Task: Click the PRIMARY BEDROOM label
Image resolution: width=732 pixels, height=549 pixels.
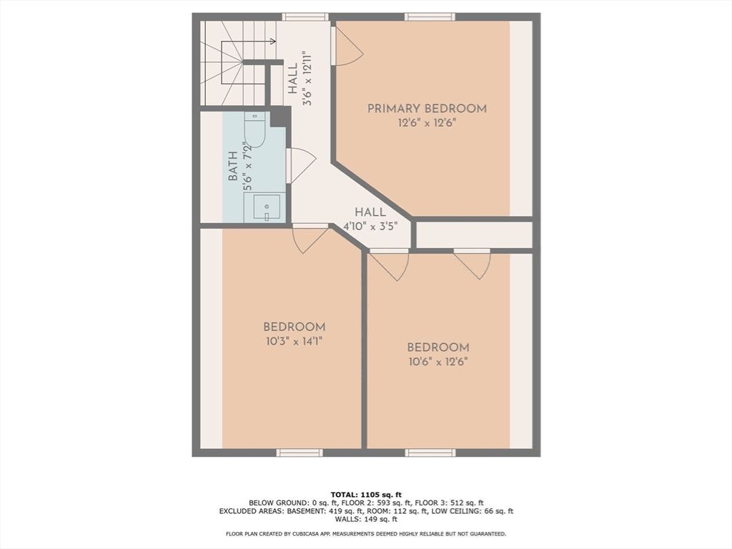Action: pyautogui.click(x=427, y=109)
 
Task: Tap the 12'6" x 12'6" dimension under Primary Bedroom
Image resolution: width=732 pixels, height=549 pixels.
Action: pyautogui.click(x=427, y=122)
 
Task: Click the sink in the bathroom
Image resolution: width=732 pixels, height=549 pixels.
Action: pyautogui.click(x=265, y=208)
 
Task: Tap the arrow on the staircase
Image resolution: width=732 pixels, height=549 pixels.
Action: pyautogui.click(x=272, y=41)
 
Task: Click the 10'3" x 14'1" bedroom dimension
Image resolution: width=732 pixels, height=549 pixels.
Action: pyautogui.click(x=294, y=341)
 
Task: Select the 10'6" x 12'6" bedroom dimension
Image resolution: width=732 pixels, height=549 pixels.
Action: pyautogui.click(x=438, y=361)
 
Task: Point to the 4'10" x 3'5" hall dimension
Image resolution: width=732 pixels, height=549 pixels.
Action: pyautogui.click(x=370, y=225)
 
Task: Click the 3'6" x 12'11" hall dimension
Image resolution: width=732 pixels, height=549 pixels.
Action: pyautogui.click(x=307, y=79)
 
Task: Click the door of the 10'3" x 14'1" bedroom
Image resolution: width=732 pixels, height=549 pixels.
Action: pyautogui.click(x=310, y=238)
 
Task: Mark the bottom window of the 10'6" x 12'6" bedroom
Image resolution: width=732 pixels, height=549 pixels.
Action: pyautogui.click(x=430, y=452)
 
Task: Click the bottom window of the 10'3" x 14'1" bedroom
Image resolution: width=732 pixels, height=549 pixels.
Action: pyautogui.click(x=300, y=452)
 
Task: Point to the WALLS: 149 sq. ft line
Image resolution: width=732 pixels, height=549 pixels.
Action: pyautogui.click(x=365, y=520)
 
